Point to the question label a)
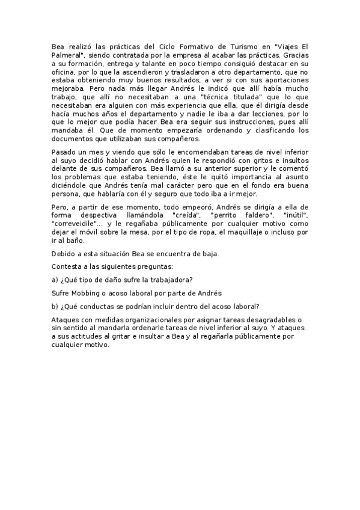coord(55,280)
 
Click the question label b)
coord(55,307)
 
